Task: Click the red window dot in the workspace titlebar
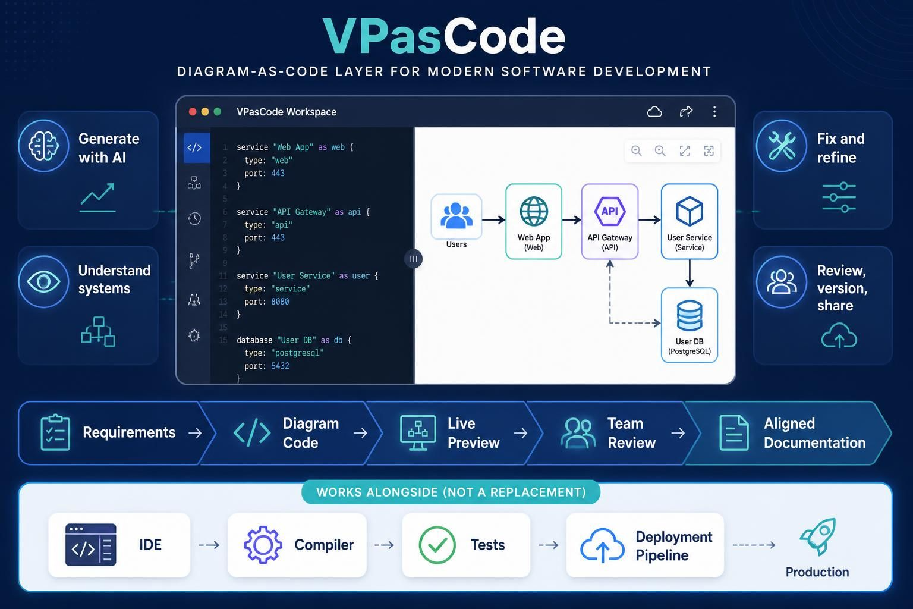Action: [193, 112]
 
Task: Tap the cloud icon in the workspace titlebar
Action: [654, 112]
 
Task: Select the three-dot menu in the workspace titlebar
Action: [714, 112]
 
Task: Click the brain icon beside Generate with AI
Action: [43, 146]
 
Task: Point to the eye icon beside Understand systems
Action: [43, 281]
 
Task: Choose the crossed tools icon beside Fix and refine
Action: [782, 146]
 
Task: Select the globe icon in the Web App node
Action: [534, 211]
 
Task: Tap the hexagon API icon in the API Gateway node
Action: [610, 211]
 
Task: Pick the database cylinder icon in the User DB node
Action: [690, 315]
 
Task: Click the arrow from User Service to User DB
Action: [690, 274]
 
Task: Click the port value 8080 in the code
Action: [280, 302]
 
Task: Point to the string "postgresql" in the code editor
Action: [297, 353]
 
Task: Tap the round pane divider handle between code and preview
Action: [413, 259]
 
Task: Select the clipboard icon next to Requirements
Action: [55, 432]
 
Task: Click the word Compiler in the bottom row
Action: [324, 545]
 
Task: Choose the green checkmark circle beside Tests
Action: [437, 545]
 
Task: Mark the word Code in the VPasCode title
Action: [504, 37]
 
